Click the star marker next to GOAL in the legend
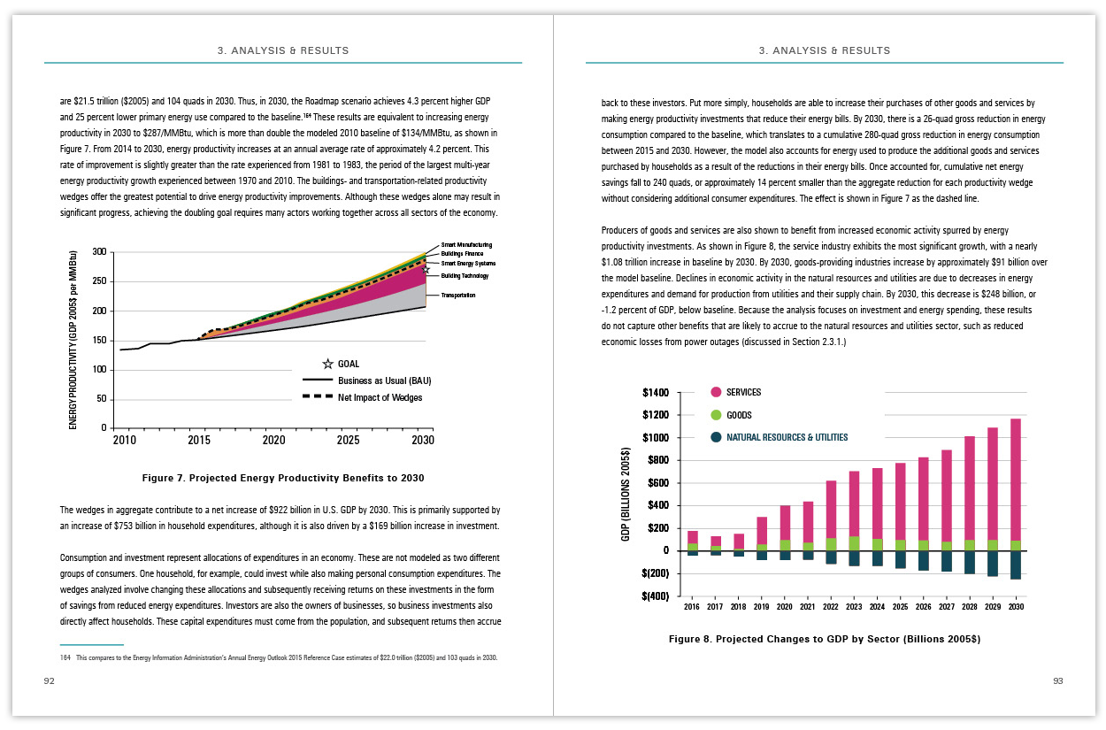pyautogui.click(x=328, y=364)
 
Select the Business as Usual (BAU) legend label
pyautogui.click(x=385, y=380)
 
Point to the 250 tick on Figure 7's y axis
pyautogui.click(x=99, y=281)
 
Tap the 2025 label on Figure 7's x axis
pyautogui.click(x=348, y=440)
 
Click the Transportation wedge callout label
pyautogui.click(x=458, y=296)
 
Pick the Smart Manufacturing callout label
pyautogui.click(x=466, y=244)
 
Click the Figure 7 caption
pyautogui.click(x=283, y=478)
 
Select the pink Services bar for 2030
pyautogui.click(x=1016, y=480)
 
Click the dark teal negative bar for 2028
pyautogui.click(x=970, y=562)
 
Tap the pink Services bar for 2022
pyautogui.click(x=831, y=509)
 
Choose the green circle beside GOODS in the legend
pyautogui.click(x=716, y=415)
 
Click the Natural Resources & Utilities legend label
pyautogui.click(x=787, y=438)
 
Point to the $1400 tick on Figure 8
pyautogui.click(x=656, y=393)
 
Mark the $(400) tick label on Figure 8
pyautogui.click(x=656, y=596)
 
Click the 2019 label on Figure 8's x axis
pyautogui.click(x=761, y=606)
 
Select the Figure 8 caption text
pyautogui.click(x=825, y=639)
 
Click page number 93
pyautogui.click(x=1057, y=681)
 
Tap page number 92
pyautogui.click(x=49, y=681)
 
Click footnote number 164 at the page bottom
pyautogui.click(x=65, y=658)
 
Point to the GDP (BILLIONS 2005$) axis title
pyautogui.click(x=626, y=494)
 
